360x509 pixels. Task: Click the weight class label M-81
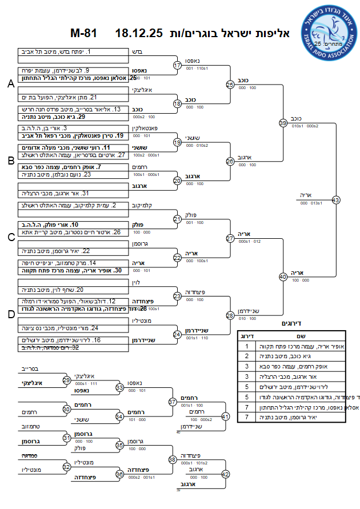83,33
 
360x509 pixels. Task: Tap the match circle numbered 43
335,200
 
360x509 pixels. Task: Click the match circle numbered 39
283,123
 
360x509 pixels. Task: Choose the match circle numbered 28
230,315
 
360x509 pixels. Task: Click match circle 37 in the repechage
172,402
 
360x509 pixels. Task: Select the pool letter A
10,84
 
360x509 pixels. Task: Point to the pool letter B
10,161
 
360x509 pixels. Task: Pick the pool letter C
10,237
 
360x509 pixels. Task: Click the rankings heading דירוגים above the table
291,323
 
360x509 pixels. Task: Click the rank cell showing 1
246,346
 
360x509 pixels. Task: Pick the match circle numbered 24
177,334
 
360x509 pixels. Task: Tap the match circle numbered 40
283,276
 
